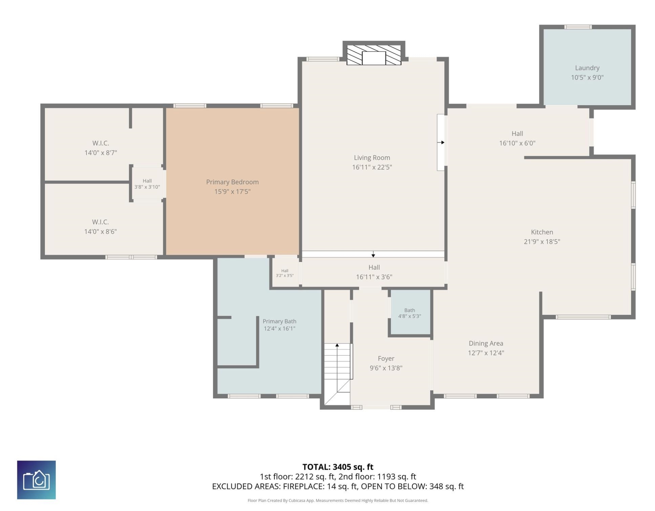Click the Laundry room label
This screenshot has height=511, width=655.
point(587,68)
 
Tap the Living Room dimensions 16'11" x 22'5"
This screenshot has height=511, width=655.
point(372,167)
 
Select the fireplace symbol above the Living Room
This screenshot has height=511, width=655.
point(374,55)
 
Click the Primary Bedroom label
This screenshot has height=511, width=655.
point(232,182)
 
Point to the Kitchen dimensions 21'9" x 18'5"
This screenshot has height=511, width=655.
point(542,242)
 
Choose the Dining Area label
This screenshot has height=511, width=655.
point(486,343)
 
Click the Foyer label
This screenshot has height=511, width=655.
point(386,359)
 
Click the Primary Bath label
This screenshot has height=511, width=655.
point(279,321)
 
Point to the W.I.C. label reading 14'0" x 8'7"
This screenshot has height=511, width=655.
point(101,148)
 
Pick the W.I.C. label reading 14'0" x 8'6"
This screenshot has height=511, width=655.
point(100,227)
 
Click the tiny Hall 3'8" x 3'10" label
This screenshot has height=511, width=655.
point(147,184)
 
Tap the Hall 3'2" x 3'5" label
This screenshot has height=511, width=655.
point(284,273)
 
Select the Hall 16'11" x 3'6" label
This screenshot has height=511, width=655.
point(374,272)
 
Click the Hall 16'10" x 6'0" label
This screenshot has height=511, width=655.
point(517,138)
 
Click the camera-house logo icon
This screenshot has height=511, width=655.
point(37,480)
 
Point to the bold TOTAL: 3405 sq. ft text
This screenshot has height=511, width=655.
point(338,467)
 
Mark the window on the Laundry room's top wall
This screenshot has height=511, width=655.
point(578,27)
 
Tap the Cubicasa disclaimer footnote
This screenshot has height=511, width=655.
point(338,500)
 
